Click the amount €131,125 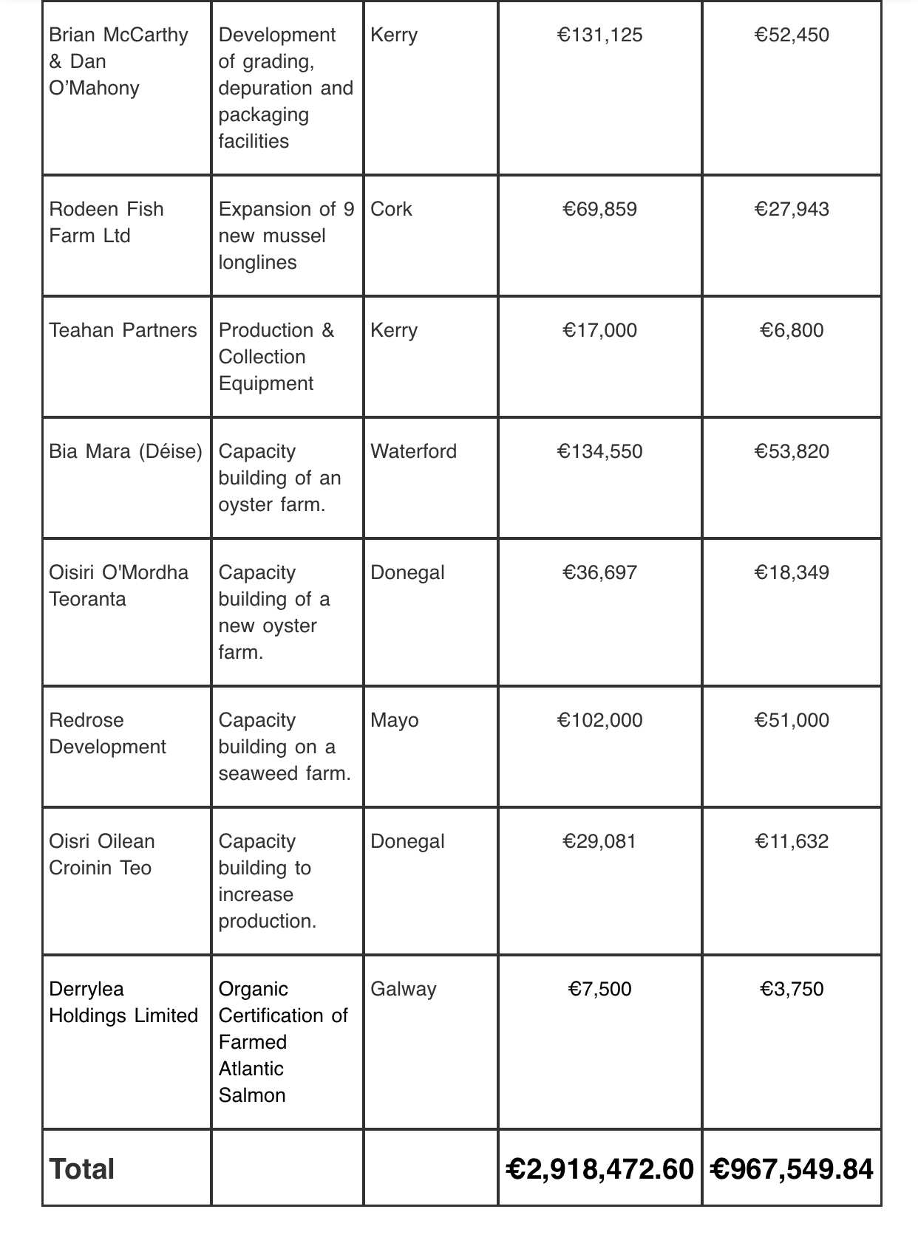pos(599,35)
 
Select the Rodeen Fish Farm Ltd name pos(106,222)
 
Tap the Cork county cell pos(391,210)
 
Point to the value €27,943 pos(791,210)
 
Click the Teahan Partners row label pos(123,331)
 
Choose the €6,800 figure pos(791,331)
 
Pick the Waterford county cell pos(413,452)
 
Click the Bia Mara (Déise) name pos(126,452)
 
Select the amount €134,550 pos(599,452)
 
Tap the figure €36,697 pos(599,573)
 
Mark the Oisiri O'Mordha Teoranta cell pos(118,586)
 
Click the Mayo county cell pos(394,721)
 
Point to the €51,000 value pos(791,721)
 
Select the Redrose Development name pos(107,733)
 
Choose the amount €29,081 pos(599,842)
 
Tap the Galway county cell pos(403,990)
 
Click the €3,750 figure pos(791,990)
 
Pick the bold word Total pos(81,1170)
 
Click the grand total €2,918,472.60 pos(599,1170)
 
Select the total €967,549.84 pos(791,1170)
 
